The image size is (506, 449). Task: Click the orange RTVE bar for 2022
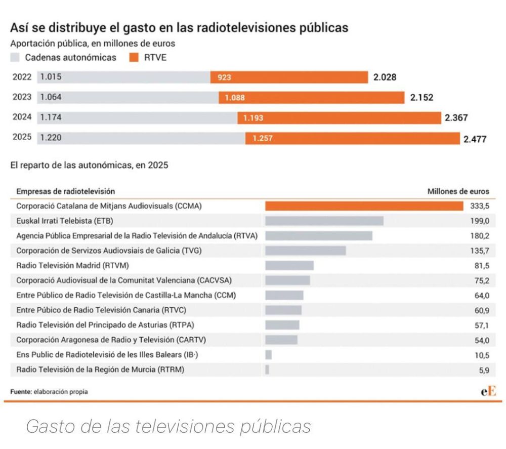(x=289, y=77)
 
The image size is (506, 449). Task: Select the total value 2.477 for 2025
(x=475, y=139)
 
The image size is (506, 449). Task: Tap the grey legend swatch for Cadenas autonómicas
(x=15, y=57)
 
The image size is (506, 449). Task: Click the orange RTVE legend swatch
(x=134, y=57)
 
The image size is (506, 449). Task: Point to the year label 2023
(x=22, y=97)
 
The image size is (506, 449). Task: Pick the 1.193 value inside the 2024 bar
(x=253, y=118)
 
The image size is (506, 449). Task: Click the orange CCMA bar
(x=364, y=206)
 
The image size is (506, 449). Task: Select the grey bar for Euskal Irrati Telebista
(x=324, y=221)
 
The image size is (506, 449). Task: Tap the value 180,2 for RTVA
(x=480, y=236)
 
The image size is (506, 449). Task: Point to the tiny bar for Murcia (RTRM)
(x=267, y=370)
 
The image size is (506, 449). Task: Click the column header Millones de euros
(x=458, y=191)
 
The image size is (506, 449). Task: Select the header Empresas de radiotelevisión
(x=65, y=191)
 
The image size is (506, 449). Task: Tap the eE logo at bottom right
(x=488, y=391)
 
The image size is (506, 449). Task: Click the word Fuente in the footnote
(x=20, y=392)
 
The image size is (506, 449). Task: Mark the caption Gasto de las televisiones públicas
(x=168, y=427)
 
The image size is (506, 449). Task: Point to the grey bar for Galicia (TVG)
(x=305, y=251)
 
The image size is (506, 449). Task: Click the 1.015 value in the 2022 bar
(x=51, y=77)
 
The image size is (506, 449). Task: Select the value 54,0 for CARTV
(x=481, y=340)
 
